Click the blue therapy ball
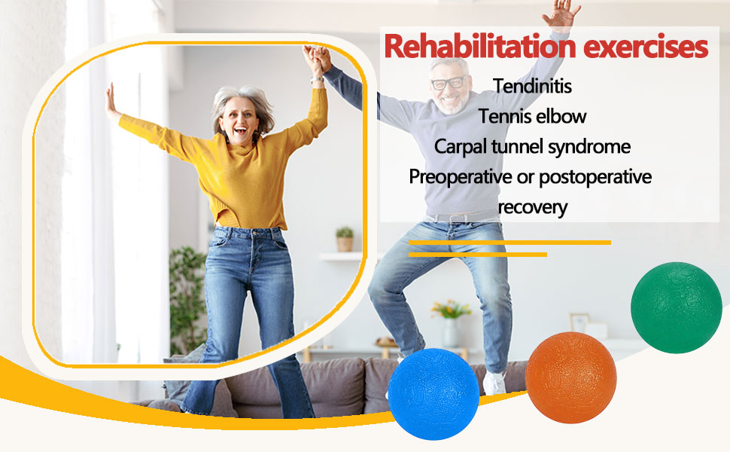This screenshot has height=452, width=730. (x=433, y=393)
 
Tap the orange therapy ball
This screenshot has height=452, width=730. (x=570, y=377)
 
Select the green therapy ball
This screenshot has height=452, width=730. (x=676, y=307)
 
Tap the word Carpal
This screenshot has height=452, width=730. (x=460, y=146)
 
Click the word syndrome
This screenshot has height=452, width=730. (x=589, y=146)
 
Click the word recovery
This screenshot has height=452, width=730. (x=533, y=206)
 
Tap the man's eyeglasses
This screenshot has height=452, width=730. (x=449, y=82)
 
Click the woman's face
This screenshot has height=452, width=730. (x=242, y=118)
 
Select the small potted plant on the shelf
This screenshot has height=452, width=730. (x=345, y=239)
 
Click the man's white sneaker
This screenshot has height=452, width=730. (x=494, y=383)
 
